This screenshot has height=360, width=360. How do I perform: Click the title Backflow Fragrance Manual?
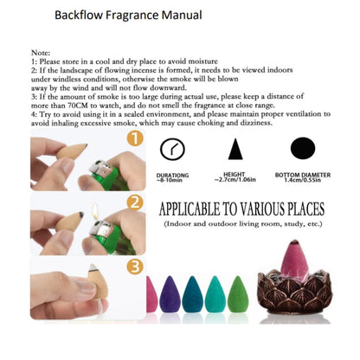point(128,15)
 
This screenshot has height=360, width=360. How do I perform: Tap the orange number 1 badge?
point(135,138)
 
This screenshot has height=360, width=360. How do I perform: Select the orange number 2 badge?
point(135,202)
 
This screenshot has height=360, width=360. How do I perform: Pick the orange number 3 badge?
point(135,267)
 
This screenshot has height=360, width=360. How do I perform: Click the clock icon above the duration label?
point(172,149)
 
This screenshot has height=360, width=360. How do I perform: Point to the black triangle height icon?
point(235,149)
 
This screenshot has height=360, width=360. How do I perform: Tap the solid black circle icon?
point(303,148)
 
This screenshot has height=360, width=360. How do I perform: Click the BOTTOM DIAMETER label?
point(303,175)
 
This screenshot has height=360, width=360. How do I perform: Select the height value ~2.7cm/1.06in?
point(235,180)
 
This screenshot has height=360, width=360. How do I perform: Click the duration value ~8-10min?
point(170,180)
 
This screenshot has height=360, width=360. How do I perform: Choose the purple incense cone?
point(170,294)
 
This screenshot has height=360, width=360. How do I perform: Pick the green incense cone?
point(238,294)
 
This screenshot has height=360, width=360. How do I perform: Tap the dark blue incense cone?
point(192,294)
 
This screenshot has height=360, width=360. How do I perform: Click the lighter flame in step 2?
point(95,211)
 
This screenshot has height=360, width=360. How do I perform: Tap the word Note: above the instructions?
point(41,53)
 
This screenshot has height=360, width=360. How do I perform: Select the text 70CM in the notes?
point(78,106)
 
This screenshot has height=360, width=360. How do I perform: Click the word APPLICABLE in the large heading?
point(190,209)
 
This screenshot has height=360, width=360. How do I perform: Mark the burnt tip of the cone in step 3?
point(93,267)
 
